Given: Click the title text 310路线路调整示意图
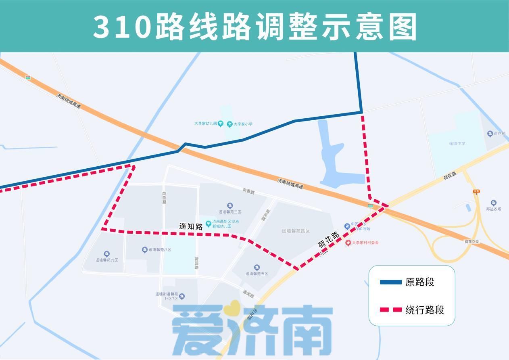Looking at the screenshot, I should (255, 26).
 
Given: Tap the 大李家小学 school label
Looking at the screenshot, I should (242, 124).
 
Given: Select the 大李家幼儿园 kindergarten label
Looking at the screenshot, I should (206, 124).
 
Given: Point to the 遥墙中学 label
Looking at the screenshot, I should (457, 144).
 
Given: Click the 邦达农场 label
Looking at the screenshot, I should (494, 209).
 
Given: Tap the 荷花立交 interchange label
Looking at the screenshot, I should (471, 241).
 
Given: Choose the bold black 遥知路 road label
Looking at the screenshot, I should (191, 226).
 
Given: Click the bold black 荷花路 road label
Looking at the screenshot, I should (329, 239).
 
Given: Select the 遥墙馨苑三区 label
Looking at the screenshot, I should (230, 212).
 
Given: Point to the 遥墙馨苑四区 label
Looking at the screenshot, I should (296, 231).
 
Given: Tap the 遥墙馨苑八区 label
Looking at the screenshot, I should (160, 250).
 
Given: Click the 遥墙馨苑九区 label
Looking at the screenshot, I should (106, 260).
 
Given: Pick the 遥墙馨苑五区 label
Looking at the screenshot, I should (257, 274).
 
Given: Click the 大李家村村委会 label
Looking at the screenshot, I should (365, 243).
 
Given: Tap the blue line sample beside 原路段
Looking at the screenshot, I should (390, 282).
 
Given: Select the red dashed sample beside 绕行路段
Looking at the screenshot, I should (390, 310).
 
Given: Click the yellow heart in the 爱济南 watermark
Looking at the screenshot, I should (232, 309).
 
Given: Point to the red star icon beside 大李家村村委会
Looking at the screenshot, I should (348, 243).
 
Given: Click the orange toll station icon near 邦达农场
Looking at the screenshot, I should (476, 192).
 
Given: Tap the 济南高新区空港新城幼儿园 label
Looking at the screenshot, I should (226, 224).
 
